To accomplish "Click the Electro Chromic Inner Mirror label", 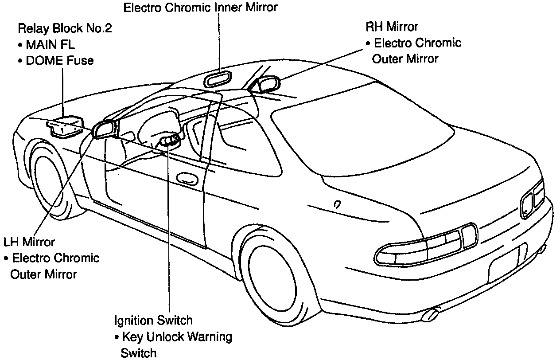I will coord(200,8).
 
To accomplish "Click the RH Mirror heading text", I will coord(392,27).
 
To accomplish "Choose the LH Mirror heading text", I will coord(29,242).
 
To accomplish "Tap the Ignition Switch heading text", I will coord(153,320).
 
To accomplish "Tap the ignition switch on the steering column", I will coord(170,141).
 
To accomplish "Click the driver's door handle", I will coord(187,179).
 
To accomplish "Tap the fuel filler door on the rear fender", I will coord(337,204).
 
